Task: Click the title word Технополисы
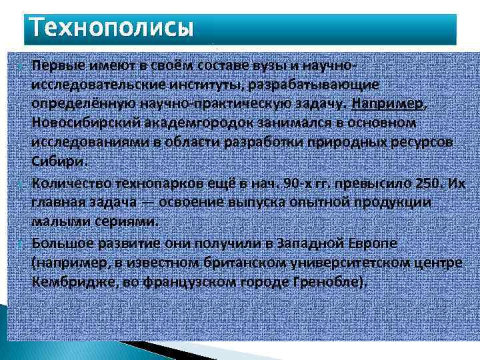click(112, 28)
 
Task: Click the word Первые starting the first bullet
click(55, 67)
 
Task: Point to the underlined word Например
click(387, 105)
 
